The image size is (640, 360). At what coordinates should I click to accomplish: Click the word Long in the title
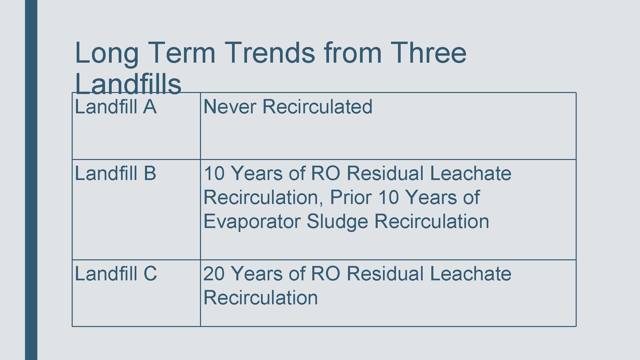[107, 53]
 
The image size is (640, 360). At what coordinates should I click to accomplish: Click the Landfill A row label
[116, 107]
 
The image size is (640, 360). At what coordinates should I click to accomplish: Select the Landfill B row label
[116, 174]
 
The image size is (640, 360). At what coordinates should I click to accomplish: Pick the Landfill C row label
[116, 274]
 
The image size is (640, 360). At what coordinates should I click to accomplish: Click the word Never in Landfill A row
[230, 107]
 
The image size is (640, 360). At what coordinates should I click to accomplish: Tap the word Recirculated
[317, 107]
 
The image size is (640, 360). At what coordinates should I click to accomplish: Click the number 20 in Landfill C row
[214, 274]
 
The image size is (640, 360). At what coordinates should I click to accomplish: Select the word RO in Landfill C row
[325, 274]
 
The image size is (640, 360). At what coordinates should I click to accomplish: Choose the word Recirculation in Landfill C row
[260, 298]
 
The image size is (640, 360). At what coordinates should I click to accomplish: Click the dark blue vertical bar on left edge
[31, 180]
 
